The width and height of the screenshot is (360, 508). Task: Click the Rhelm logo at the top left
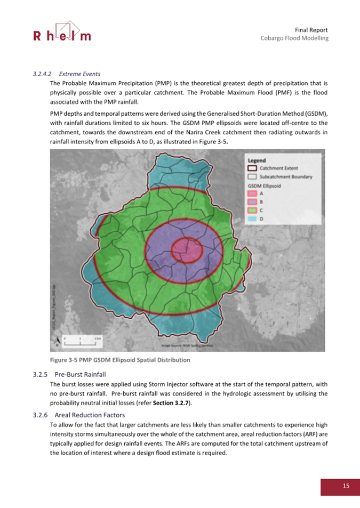click(x=62, y=33)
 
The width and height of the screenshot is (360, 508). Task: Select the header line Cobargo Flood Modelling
click(x=294, y=38)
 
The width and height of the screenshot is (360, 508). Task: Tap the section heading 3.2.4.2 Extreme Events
click(x=67, y=74)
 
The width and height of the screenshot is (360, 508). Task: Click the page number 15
click(x=346, y=486)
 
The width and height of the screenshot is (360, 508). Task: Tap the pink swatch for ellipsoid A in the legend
click(x=253, y=193)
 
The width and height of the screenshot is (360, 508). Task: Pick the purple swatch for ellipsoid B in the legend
click(x=253, y=201)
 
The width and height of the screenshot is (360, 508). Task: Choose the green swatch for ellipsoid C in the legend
click(x=253, y=210)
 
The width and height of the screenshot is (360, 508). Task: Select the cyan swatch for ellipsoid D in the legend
click(x=253, y=219)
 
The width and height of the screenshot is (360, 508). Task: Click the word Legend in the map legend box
click(x=257, y=160)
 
